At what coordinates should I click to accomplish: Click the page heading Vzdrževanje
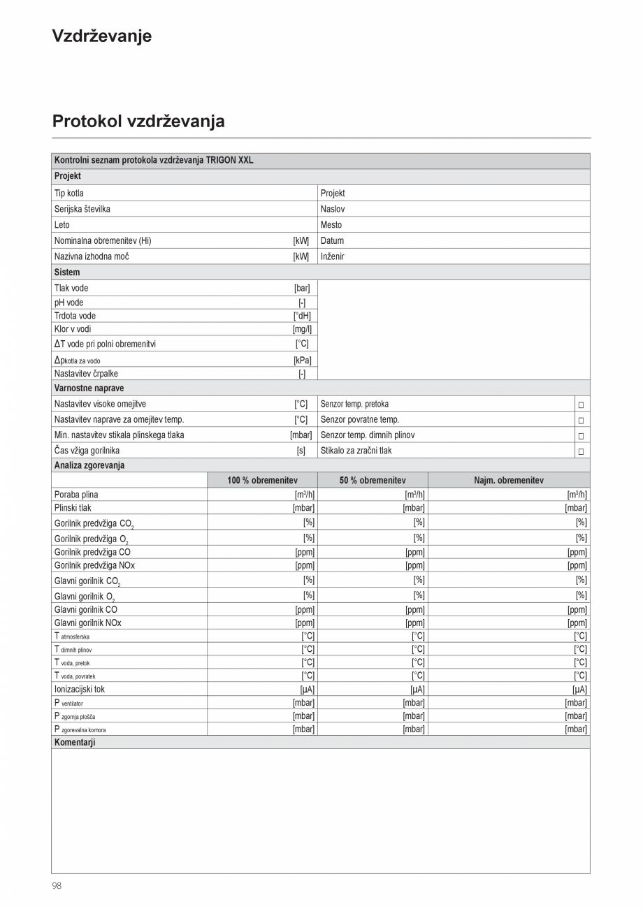pos(101,36)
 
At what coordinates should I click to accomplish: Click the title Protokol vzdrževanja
pos(138,122)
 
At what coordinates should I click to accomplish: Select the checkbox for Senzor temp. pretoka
pos(580,405)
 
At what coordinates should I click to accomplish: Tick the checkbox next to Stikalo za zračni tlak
pos(580,451)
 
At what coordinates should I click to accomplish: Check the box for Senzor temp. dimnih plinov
pos(580,436)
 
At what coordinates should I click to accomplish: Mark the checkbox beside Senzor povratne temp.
pos(580,421)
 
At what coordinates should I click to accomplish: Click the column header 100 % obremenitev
pos(262,481)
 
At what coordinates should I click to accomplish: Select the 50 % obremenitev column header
pos(373,481)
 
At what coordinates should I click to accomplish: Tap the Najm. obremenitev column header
pos(508,481)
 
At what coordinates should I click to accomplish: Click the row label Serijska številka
pos(82,209)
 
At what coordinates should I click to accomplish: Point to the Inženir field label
pos(332,256)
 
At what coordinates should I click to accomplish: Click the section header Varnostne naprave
pos(89,388)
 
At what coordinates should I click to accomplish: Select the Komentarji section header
pos(74,742)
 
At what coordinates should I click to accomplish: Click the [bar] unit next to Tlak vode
pos(302,288)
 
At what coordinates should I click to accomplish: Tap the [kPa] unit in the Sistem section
pos(302,360)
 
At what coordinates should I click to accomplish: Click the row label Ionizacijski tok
pos(79,689)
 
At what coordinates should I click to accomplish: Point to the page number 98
pos(57,885)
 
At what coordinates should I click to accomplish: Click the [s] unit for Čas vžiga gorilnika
pos(301,451)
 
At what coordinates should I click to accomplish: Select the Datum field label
pos(332,240)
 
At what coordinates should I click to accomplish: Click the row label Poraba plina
pos(75,495)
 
